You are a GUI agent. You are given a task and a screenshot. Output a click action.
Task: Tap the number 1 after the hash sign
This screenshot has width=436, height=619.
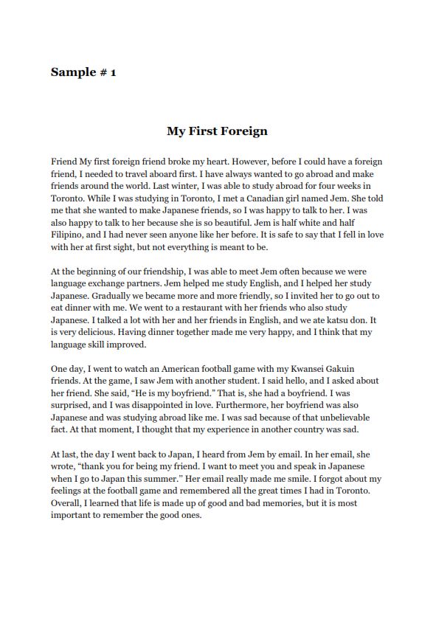coord(113,72)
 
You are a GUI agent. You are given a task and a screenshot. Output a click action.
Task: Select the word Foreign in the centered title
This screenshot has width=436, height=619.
coord(242,132)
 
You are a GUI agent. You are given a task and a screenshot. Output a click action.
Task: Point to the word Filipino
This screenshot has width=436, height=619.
coord(69,233)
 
